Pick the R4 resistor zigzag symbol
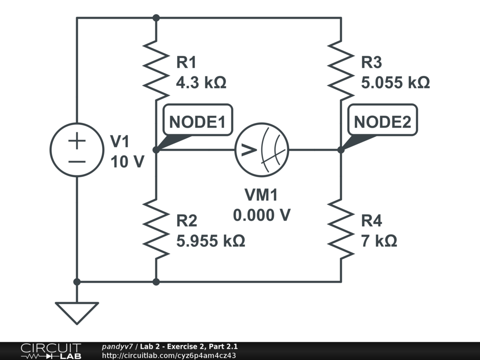click(341, 228)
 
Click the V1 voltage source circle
click(77, 150)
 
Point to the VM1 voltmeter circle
click(262, 150)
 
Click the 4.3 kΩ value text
click(201, 83)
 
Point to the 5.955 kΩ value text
click(210, 241)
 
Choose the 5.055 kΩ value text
click(395, 83)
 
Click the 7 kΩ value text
click(379, 241)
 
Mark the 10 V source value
click(127, 162)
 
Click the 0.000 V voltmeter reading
click(262, 215)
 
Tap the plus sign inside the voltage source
click(77, 141)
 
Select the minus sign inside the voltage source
click(77, 161)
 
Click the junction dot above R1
click(156, 18)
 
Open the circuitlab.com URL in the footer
click(169, 355)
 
